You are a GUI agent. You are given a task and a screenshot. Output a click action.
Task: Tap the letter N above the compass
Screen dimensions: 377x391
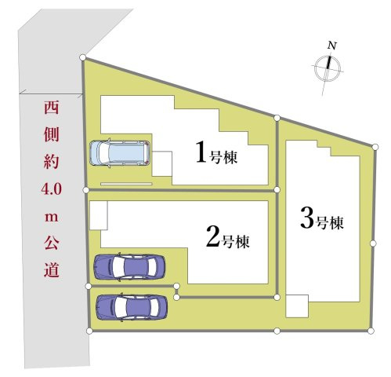[x=331, y=46]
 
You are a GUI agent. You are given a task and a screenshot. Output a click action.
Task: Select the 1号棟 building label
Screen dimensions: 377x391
[x=217, y=153]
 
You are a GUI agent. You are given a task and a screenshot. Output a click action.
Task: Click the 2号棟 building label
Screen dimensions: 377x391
[x=227, y=237]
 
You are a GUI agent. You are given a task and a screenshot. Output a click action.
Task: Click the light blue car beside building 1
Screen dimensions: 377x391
[x=120, y=152]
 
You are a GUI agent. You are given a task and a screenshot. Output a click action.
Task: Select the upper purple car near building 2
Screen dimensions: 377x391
[x=129, y=267]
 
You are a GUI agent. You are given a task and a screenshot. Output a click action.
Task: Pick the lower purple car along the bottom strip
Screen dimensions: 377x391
[x=131, y=306]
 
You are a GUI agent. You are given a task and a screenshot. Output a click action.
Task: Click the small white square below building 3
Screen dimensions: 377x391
[x=297, y=306]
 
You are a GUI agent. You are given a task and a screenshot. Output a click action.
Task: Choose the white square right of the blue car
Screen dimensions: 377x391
[x=161, y=163]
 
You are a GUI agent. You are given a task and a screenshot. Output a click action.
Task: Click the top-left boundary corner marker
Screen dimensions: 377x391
[x=84, y=57]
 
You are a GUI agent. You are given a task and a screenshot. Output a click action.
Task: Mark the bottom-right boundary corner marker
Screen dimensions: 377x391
[x=373, y=330]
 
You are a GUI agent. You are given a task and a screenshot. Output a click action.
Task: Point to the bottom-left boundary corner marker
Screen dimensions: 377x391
[x=89, y=331]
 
